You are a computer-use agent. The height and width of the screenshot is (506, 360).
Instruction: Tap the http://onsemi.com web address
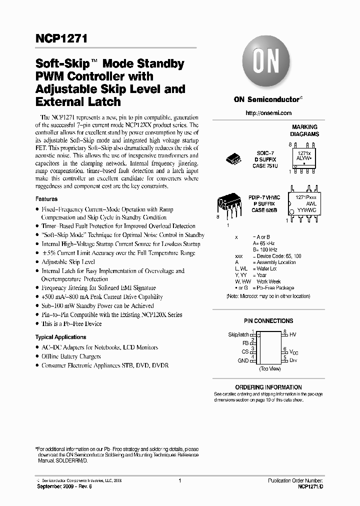pyautogui.click(x=268, y=113)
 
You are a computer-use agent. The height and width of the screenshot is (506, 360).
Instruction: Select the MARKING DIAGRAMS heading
pyautogui.click(x=305, y=131)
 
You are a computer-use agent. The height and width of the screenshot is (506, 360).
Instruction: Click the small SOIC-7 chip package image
pyautogui.click(x=234, y=158)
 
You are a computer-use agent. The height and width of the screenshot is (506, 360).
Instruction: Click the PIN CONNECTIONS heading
pyautogui.click(x=268, y=321)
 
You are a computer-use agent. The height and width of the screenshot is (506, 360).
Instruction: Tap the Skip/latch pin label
pyautogui.click(x=238, y=334)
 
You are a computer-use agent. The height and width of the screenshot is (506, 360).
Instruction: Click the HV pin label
pyautogui.click(x=293, y=334)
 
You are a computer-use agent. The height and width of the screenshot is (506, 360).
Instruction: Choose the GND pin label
pyautogui.click(x=243, y=360)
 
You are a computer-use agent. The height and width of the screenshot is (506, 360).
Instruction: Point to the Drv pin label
pyautogui.click(x=293, y=360)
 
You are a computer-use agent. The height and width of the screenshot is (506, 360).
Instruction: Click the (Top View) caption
pyautogui.click(x=269, y=368)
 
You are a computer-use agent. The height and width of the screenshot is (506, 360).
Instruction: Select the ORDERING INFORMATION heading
pyautogui.click(x=268, y=387)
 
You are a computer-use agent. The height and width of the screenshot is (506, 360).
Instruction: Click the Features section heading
pyautogui.click(x=46, y=199)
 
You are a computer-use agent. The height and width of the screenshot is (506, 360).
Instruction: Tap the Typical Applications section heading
pyautogui.click(x=60, y=337)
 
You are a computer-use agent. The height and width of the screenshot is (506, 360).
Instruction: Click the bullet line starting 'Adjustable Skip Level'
pyautogui.click(x=68, y=262)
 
